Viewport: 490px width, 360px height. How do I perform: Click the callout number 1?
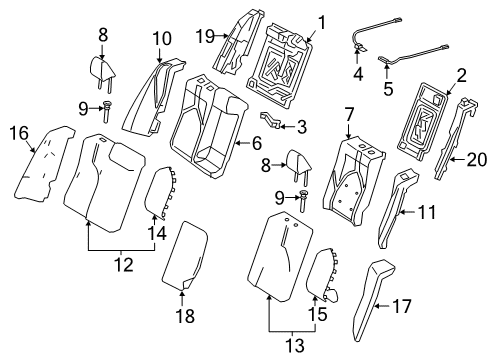coord(322,21)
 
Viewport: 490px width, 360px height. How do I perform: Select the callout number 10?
coord(162,39)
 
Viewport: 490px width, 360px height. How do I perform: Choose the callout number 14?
coord(154,232)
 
